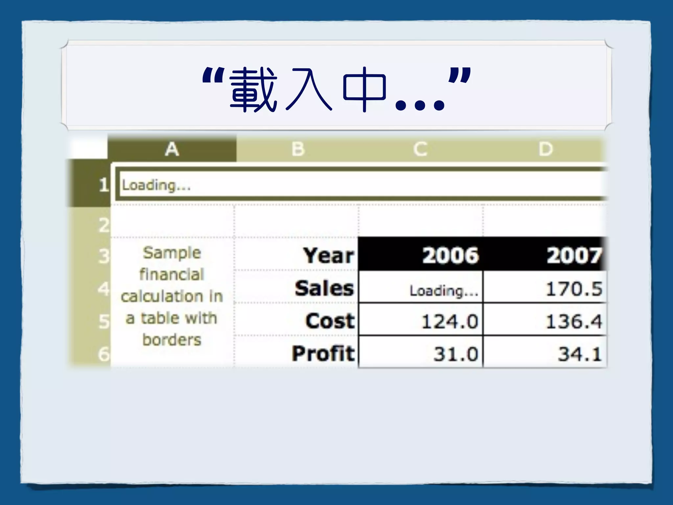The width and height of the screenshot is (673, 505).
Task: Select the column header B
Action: [x=298, y=149]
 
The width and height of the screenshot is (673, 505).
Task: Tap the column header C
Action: [x=420, y=149]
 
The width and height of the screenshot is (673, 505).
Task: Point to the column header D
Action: [x=545, y=149]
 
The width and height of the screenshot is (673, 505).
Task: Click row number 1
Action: [x=104, y=185]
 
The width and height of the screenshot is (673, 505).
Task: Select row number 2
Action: [x=104, y=226]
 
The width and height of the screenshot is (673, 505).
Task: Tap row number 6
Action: [x=104, y=354]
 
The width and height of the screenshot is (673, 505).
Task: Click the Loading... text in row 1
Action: [x=156, y=185]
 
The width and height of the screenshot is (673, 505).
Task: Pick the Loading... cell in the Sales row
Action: [x=444, y=291]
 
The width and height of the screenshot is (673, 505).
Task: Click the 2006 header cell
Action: [x=450, y=255]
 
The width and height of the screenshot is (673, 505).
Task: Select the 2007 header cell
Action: [x=574, y=255]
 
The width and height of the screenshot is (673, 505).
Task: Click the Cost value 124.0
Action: [x=450, y=322]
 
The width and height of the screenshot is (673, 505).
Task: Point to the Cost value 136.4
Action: [x=574, y=322]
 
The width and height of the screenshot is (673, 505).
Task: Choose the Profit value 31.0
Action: [x=455, y=354]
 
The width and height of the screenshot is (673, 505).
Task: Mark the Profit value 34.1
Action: [x=580, y=354]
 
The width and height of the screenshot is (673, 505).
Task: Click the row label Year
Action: [x=329, y=255]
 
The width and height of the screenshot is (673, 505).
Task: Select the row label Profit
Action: [x=323, y=353]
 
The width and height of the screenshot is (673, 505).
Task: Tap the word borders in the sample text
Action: [x=172, y=340]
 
